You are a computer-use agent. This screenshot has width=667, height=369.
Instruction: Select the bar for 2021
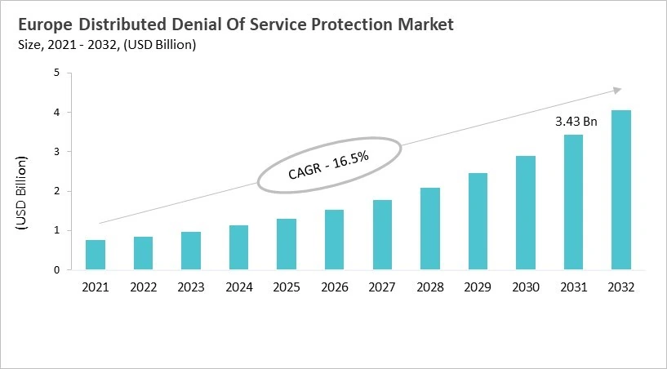[x=96, y=255]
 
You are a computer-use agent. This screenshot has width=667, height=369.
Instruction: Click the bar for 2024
[x=238, y=247]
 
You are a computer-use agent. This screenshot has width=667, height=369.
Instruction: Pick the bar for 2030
[x=525, y=212]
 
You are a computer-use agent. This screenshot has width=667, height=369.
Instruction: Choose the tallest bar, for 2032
[x=620, y=189]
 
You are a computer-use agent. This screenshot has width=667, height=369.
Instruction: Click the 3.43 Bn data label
[x=576, y=122]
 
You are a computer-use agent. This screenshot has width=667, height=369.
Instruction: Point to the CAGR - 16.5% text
[x=329, y=166]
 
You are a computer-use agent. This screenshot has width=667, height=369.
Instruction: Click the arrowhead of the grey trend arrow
[x=617, y=90]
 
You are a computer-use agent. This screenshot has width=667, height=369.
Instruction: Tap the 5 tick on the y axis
[x=57, y=73]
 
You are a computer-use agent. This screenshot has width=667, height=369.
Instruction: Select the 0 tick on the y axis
[x=57, y=270]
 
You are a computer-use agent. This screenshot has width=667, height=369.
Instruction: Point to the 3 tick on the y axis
[x=57, y=152]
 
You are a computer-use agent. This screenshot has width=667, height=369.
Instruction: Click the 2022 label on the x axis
[x=143, y=287]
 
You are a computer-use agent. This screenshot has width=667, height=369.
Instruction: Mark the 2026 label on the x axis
[x=334, y=287]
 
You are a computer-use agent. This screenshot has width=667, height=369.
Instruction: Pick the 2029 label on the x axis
[x=478, y=287]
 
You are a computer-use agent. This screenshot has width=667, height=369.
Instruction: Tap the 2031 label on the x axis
[x=573, y=287]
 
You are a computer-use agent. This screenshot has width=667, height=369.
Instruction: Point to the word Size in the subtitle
[x=29, y=45]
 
